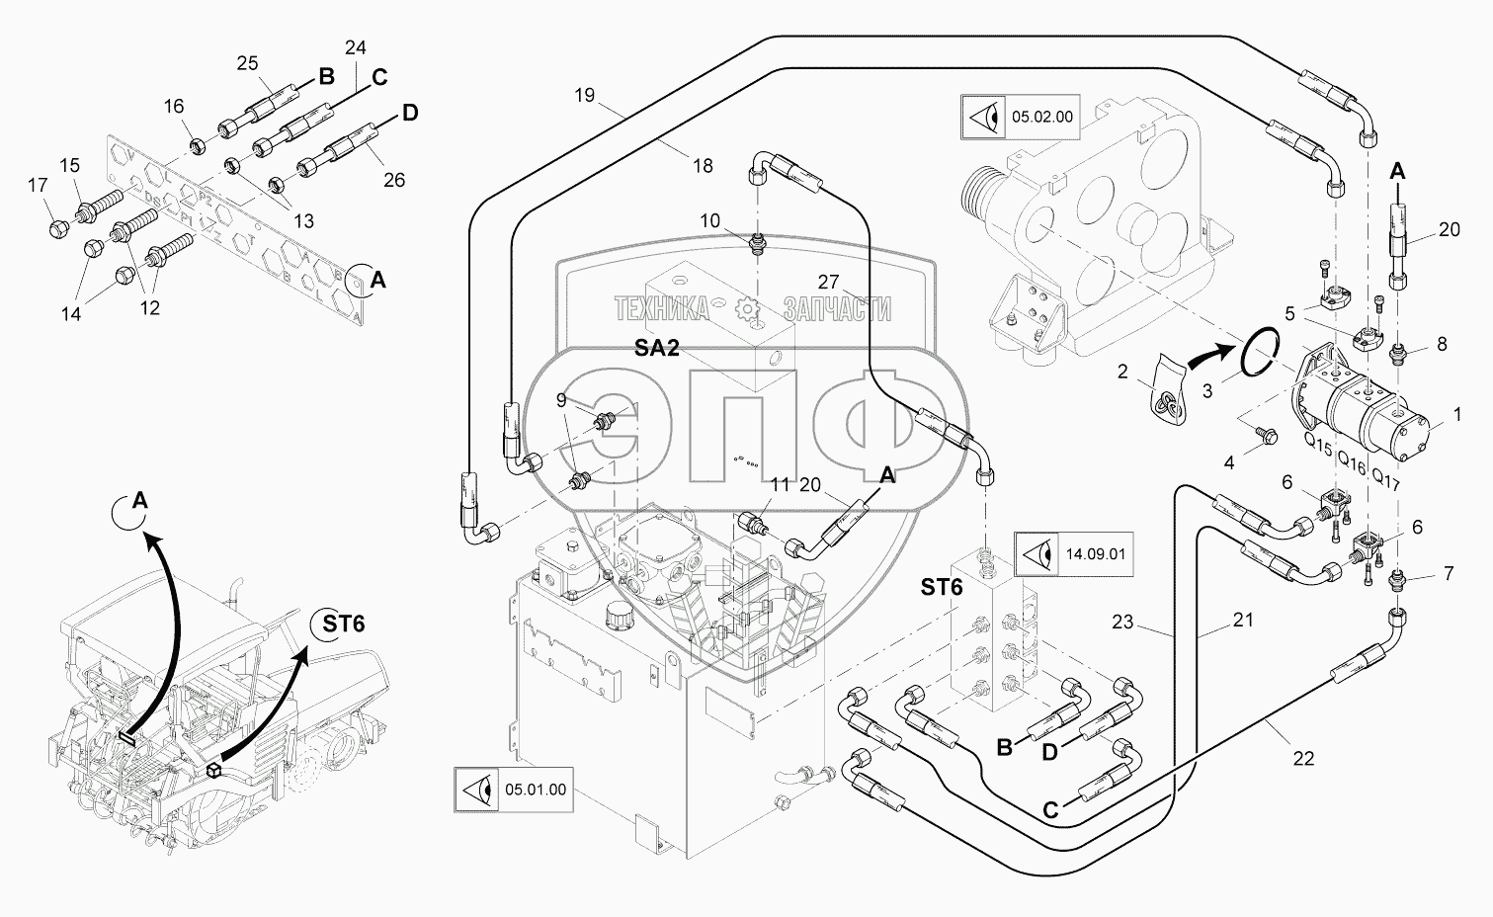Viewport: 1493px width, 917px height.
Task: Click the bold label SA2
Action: pyautogui.click(x=656, y=349)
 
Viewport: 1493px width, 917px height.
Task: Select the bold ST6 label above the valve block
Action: pyautogui.click(x=941, y=587)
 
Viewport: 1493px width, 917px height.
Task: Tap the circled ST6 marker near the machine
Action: pyautogui.click(x=343, y=624)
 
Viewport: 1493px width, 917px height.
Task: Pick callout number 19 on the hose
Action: pyautogui.click(x=584, y=96)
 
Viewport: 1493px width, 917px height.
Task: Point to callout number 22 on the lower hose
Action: pyautogui.click(x=1303, y=758)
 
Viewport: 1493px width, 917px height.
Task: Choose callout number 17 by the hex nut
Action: pyautogui.click(x=37, y=185)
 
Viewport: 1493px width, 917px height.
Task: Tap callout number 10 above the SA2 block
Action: pyautogui.click(x=710, y=221)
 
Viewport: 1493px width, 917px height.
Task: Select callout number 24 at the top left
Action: pyautogui.click(x=355, y=47)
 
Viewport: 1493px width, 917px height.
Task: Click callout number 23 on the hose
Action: pyautogui.click(x=1121, y=623)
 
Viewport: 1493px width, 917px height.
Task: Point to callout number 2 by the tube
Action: pyautogui.click(x=1121, y=372)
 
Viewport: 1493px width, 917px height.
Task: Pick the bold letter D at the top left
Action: pyautogui.click(x=409, y=113)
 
